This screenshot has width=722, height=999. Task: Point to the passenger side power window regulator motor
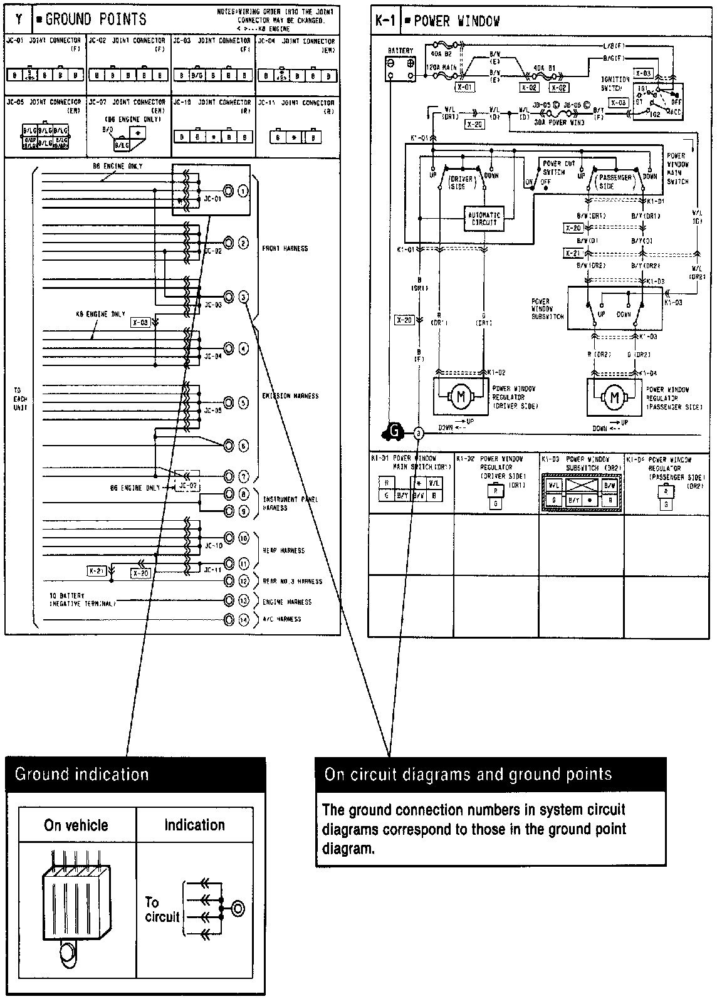(615, 397)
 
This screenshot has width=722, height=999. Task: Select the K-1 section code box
(385, 21)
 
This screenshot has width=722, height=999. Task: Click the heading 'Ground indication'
(81, 774)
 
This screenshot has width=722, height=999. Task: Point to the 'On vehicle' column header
(76, 825)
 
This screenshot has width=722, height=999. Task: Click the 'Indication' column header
(194, 825)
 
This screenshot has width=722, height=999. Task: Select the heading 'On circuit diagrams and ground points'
(468, 774)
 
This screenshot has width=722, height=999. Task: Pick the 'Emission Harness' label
(290, 396)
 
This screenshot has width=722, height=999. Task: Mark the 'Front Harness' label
(285, 248)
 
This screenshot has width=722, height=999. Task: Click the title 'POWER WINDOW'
(457, 21)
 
